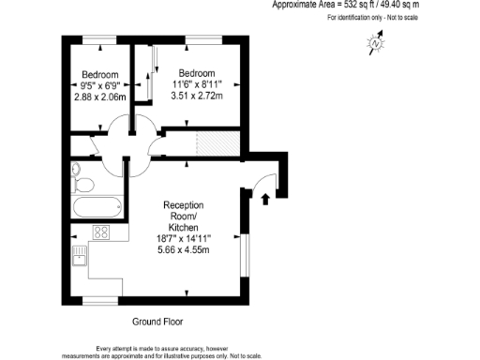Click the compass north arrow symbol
click(376, 43)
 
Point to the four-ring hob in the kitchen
click(100, 233)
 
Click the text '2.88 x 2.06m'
click(99, 97)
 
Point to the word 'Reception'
click(185, 205)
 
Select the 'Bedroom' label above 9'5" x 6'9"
click(99, 75)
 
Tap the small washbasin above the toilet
click(75, 170)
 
